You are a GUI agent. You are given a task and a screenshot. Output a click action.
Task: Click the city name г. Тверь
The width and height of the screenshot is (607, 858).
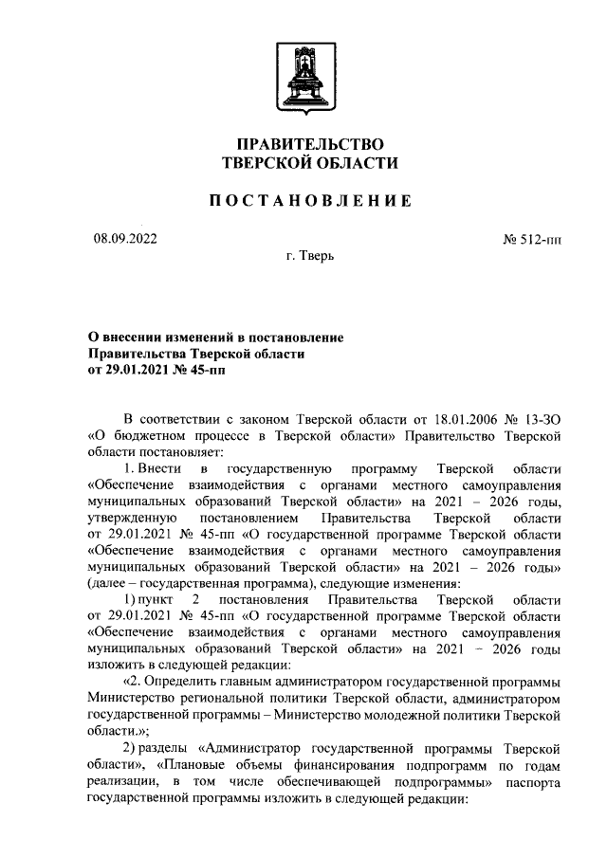(x=309, y=257)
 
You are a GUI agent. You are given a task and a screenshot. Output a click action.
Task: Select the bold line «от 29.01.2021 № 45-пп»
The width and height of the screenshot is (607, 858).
(x=157, y=369)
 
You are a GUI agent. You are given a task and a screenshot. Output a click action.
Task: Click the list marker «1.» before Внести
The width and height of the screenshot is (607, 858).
(x=131, y=469)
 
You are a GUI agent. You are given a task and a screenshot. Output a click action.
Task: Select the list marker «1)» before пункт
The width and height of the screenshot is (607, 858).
(x=131, y=599)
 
